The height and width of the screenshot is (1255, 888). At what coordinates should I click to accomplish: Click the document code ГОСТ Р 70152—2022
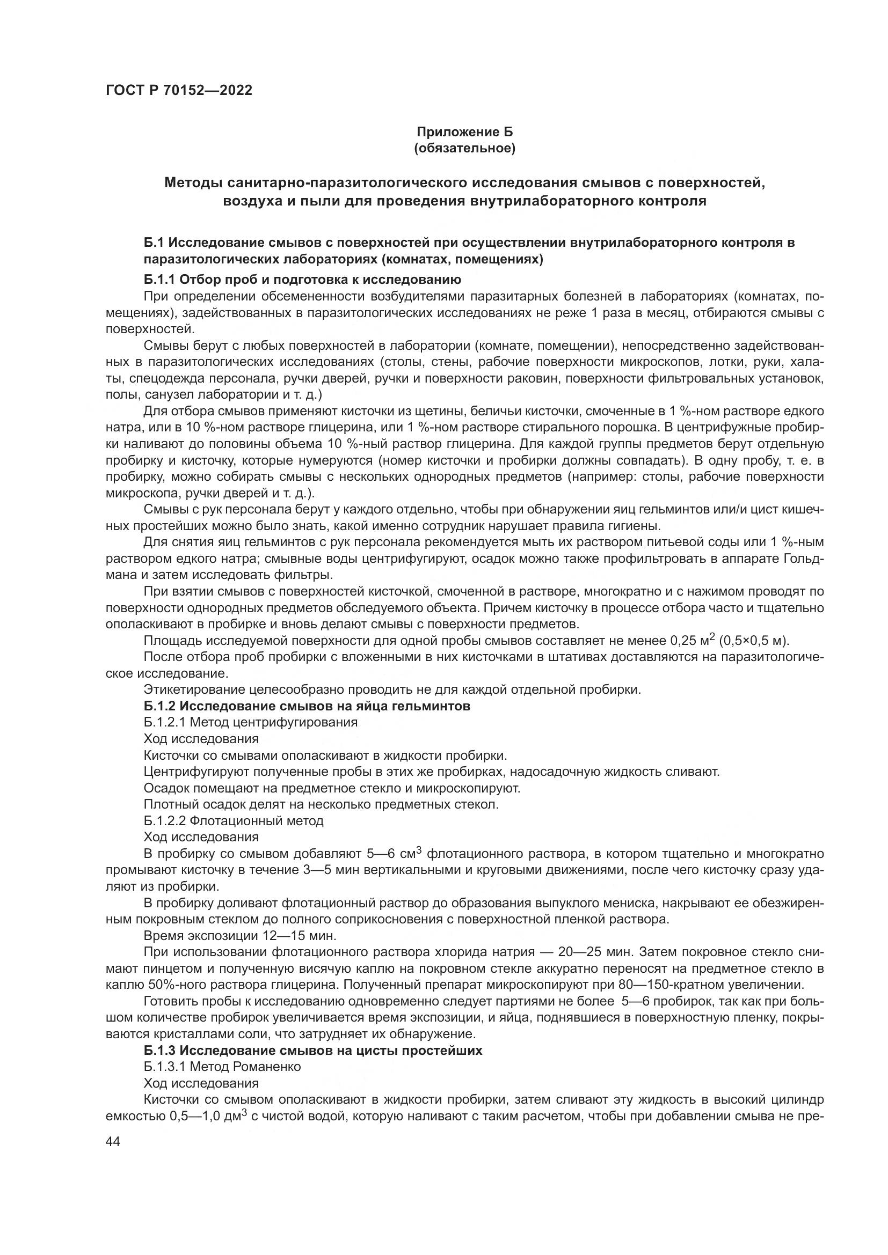(179, 90)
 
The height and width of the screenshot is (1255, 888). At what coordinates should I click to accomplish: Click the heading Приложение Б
(465, 132)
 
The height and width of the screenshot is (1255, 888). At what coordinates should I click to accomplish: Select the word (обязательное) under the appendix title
(465, 149)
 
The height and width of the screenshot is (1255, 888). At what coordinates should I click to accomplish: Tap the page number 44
(113, 1142)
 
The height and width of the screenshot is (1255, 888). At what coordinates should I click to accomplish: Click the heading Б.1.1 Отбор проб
(302, 280)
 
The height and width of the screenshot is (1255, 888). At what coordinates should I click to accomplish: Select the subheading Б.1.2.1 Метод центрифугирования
(250, 722)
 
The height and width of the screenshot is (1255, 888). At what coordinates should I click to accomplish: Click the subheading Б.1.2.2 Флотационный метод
(234, 820)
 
